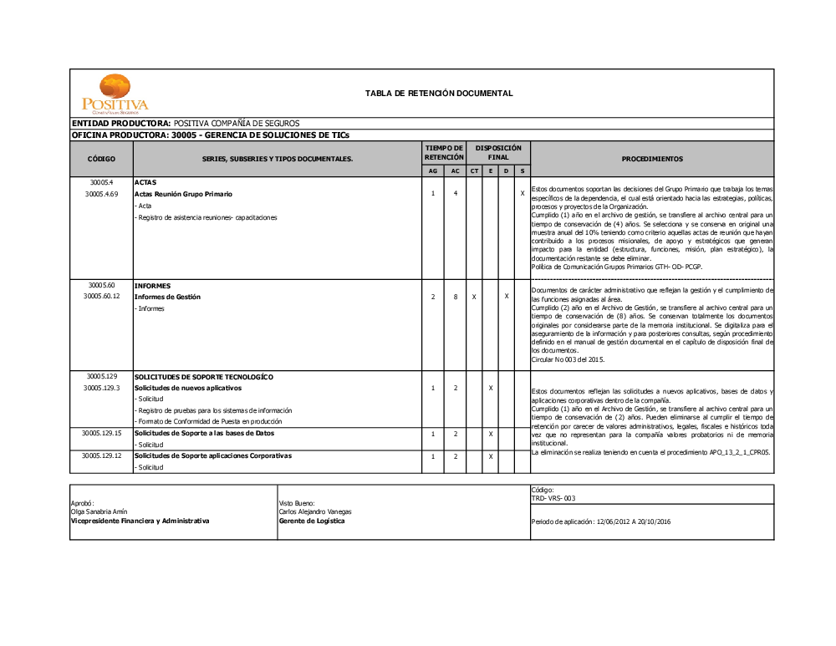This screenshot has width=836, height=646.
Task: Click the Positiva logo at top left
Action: (x=115, y=94)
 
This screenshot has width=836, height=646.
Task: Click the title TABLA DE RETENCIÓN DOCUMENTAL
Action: (x=439, y=94)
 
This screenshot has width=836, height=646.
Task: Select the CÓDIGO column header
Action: (x=101, y=158)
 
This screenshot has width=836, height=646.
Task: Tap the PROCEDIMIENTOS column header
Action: (x=652, y=158)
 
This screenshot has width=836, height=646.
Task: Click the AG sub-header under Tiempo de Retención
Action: (x=432, y=171)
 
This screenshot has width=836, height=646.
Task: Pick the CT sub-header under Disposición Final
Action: (x=474, y=171)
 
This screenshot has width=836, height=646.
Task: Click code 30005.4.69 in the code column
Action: (x=101, y=194)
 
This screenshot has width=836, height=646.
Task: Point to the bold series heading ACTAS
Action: (x=145, y=182)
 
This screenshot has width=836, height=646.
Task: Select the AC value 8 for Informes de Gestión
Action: (x=455, y=297)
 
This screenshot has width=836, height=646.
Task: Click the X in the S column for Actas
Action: (x=522, y=194)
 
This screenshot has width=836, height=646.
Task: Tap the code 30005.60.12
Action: (x=101, y=297)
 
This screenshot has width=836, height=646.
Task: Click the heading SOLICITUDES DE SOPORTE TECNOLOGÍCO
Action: (x=203, y=377)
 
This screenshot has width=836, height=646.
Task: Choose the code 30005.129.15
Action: (x=101, y=434)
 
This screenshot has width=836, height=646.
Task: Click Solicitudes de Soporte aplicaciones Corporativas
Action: (x=212, y=456)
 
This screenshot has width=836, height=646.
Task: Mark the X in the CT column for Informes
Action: (x=474, y=297)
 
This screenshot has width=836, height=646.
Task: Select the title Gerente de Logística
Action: (x=311, y=521)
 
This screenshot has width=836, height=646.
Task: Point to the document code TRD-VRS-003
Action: (x=553, y=498)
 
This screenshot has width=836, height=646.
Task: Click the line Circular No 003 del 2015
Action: (x=568, y=359)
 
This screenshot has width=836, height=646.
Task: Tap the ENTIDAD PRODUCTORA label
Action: (x=121, y=124)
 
